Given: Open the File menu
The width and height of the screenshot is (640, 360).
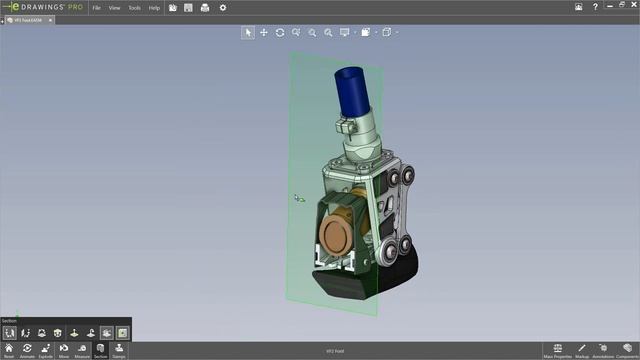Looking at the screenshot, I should pos(96,7).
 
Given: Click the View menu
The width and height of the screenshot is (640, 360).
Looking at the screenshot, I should pos(114,7).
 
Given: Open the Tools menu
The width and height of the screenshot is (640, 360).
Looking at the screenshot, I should pos(134,7).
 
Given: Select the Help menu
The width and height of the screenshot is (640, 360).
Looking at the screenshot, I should pos(154,7).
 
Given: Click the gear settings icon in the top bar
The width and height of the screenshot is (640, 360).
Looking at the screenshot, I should pos(222,7).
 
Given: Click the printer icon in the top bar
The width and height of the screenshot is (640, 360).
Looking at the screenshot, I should pos(205,7).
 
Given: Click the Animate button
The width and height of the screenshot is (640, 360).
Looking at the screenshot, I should pos(27,350).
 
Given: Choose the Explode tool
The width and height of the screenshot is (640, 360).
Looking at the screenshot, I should pos(45,350).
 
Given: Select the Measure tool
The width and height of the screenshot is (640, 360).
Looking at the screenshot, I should pos(82,350).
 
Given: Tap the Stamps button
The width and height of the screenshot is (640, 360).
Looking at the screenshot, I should pos(119,350).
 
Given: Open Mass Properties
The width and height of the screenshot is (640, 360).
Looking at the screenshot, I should pos(557,350).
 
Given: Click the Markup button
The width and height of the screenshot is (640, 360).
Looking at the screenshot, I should pos(581,350).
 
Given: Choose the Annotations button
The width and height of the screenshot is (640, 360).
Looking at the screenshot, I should pos(603,350).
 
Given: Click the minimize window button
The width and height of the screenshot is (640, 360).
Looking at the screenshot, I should pos(581,7).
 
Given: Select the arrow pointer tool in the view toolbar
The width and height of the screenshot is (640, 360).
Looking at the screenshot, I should pos(248,32).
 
